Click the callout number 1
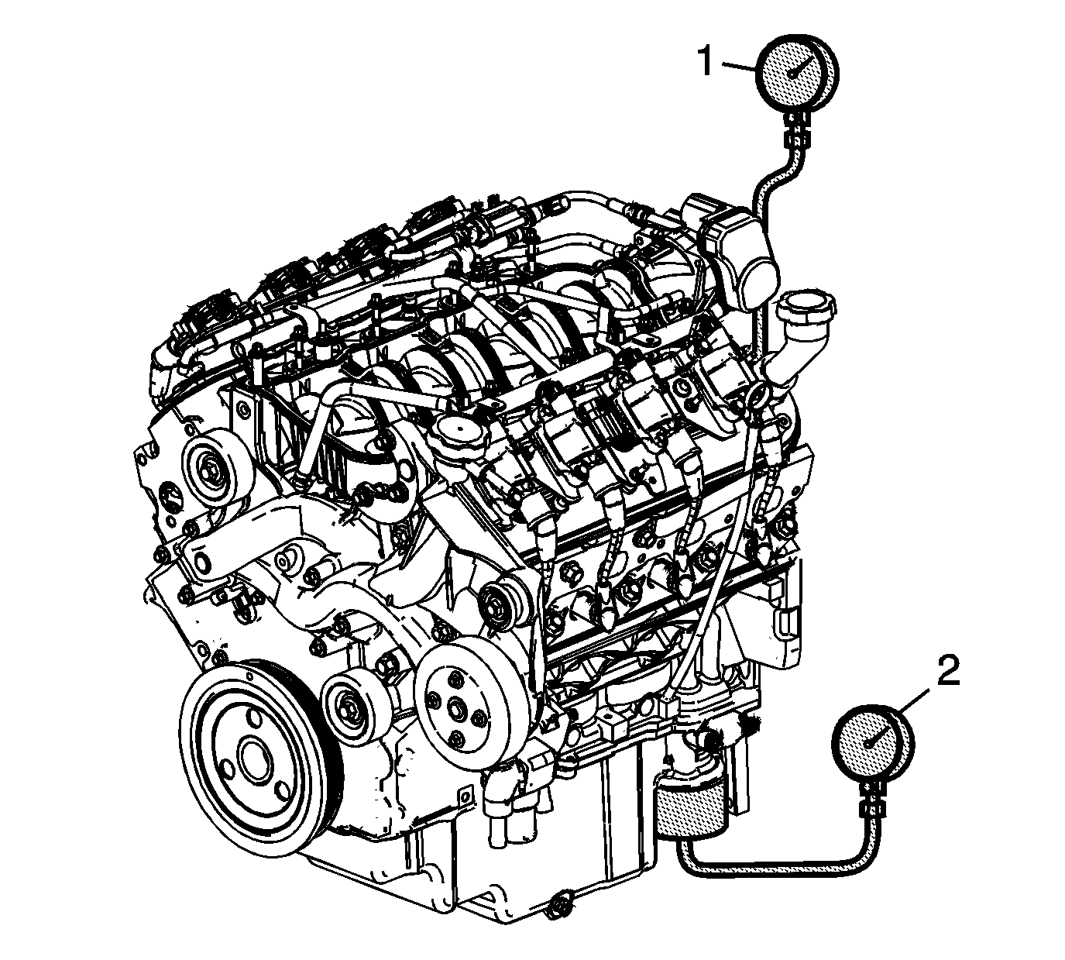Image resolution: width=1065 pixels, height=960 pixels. pyautogui.click(x=706, y=61)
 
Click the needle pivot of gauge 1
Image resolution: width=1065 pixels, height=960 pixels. pyautogui.click(x=792, y=74)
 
